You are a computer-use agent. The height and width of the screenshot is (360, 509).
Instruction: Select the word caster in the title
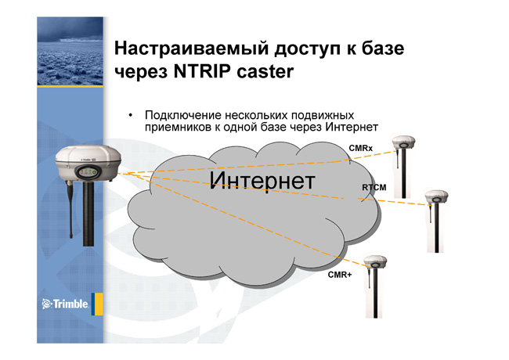click(x=265, y=72)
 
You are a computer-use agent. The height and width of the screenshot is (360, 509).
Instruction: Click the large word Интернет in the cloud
click(x=262, y=180)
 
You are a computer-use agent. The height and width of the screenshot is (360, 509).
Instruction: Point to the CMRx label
click(x=361, y=148)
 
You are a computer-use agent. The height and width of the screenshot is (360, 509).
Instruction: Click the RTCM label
click(x=374, y=188)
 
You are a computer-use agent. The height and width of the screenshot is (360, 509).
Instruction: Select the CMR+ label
click(x=340, y=275)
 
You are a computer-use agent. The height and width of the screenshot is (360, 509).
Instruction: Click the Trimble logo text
click(x=70, y=304)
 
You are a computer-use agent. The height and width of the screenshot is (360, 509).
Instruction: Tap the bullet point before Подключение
click(x=131, y=115)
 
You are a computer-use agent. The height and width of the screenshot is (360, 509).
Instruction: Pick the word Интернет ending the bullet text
click(x=352, y=127)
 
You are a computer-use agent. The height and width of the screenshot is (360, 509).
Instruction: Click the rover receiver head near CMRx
click(x=403, y=142)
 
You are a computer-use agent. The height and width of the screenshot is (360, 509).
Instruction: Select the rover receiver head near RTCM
click(x=437, y=197)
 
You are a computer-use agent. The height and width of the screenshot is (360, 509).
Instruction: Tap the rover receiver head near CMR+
click(x=375, y=261)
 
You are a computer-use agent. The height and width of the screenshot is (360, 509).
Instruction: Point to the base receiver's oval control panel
click(x=88, y=172)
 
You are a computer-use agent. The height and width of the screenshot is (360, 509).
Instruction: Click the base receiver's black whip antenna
click(x=70, y=210)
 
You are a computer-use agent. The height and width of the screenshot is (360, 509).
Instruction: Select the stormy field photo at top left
click(x=70, y=51)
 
